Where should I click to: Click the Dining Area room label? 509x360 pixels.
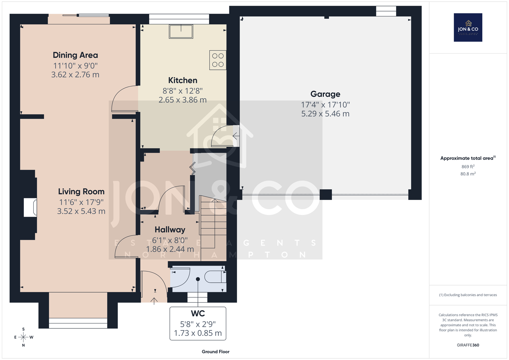click(75, 55)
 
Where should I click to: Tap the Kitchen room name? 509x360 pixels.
click(183, 80)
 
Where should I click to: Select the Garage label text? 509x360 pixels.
click(325, 94)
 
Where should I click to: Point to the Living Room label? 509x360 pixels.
click(81, 192)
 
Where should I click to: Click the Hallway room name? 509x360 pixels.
click(170, 230)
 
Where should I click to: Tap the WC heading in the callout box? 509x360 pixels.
click(198, 314)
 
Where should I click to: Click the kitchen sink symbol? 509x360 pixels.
click(181, 32)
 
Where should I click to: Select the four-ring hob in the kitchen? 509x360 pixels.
click(218, 60)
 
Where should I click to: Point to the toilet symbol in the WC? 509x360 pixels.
click(215, 277)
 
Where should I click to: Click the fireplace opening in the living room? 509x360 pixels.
click(31, 208)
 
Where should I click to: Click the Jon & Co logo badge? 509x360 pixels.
click(468, 27)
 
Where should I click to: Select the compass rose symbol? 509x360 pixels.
click(24, 337)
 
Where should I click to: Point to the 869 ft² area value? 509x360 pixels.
click(468, 166)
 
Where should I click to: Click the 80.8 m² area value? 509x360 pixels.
click(468, 174)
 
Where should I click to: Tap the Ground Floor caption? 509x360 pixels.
click(215, 352)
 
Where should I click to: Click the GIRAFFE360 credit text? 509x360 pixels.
click(468, 345)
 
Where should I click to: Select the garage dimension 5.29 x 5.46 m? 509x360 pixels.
click(325, 114)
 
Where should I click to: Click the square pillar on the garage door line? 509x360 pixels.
click(326, 194)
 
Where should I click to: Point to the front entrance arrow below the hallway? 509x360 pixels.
click(154, 301)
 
